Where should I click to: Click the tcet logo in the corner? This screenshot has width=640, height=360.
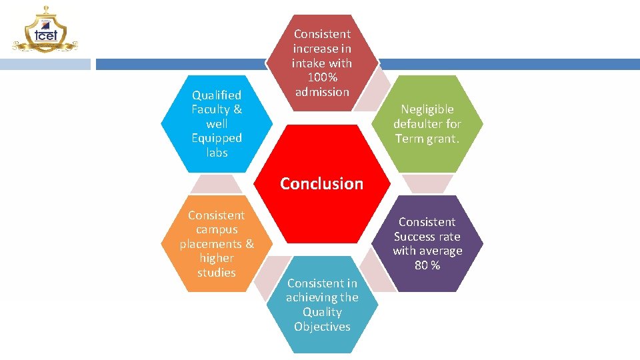(44, 30)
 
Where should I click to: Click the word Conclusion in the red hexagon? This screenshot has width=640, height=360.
(321, 183)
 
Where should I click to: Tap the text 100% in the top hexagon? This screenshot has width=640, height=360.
(322, 77)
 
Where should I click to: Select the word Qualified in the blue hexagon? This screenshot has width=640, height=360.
(216, 95)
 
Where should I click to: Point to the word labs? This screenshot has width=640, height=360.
(217, 153)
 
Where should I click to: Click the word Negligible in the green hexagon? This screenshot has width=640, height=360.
(427, 109)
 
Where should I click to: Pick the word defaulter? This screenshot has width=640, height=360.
(417, 124)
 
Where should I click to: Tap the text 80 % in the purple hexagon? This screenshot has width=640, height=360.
(427, 265)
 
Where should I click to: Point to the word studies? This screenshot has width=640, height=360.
(217, 273)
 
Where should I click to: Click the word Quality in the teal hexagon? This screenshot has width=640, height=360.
(322, 312)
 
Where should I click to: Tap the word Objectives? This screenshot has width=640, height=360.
(322, 327)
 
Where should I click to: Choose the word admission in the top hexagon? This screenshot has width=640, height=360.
(322, 92)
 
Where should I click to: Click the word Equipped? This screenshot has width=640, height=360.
(217, 138)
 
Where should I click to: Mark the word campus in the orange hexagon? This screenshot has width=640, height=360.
(217, 229)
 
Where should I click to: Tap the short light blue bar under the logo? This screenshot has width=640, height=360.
(45, 64)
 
